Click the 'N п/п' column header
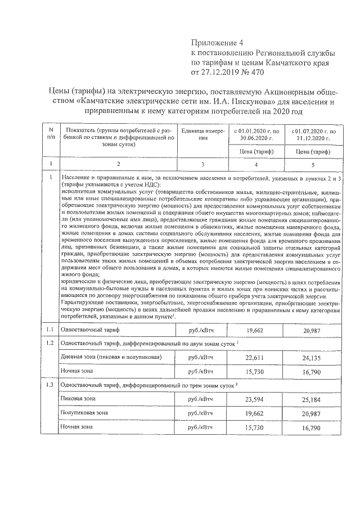click(51, 133)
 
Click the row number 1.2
click(51, 343)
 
